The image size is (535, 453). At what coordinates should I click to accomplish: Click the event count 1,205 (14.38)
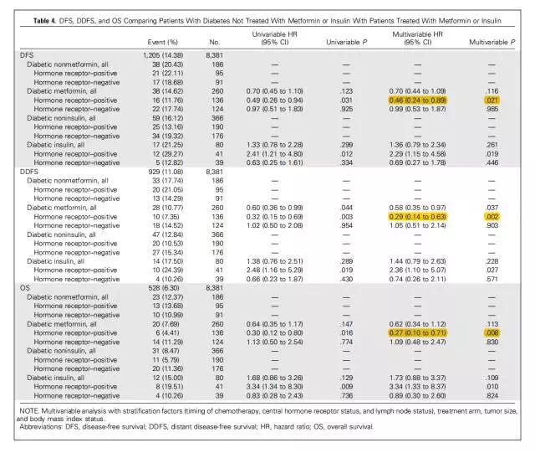[158, 54]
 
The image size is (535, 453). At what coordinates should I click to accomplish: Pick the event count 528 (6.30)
[158, 286]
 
